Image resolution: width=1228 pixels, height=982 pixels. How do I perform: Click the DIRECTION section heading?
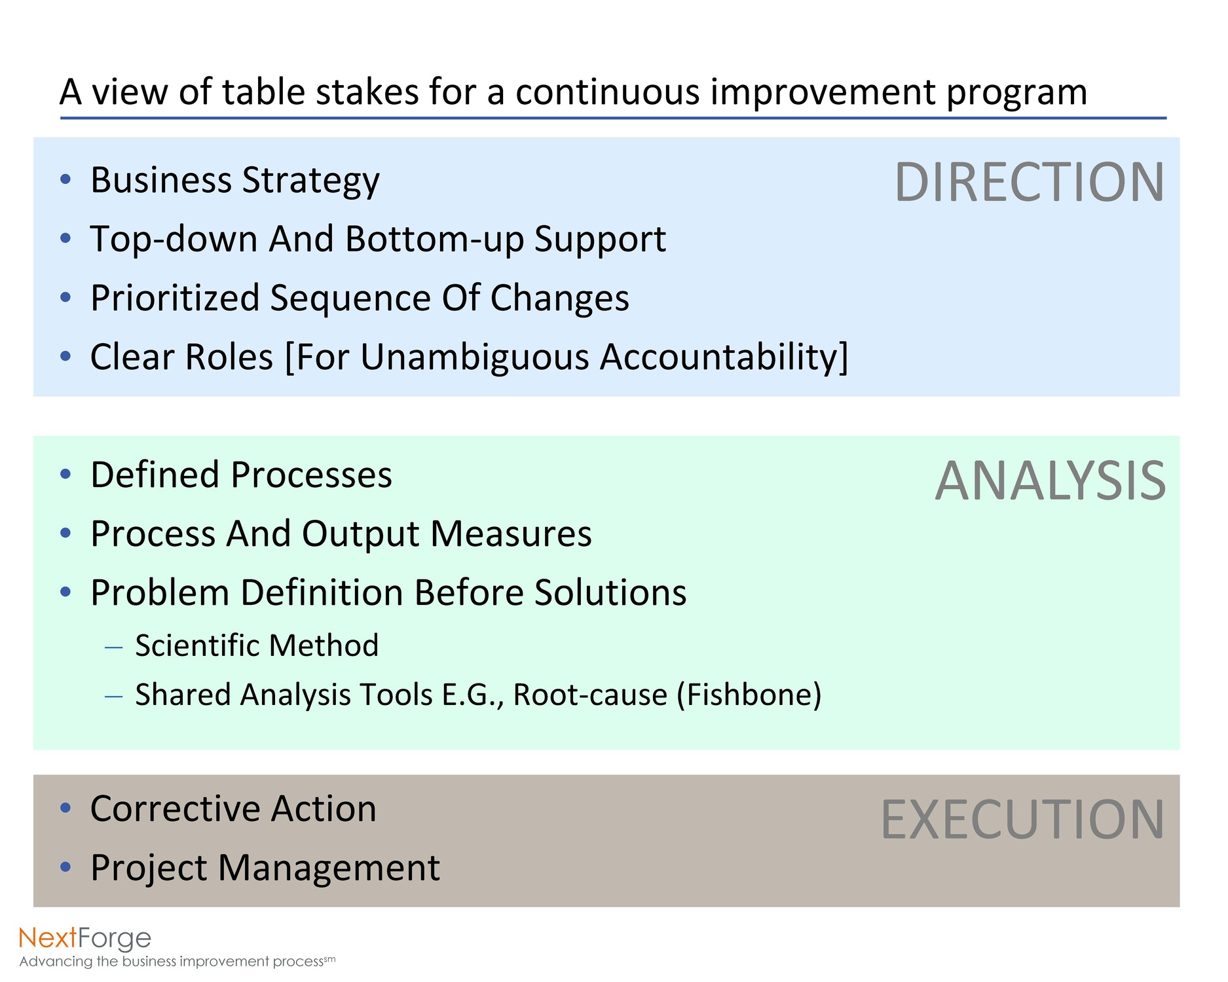[x=1030, y=182]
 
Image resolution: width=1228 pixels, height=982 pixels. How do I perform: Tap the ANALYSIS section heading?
[x=1051, y=481]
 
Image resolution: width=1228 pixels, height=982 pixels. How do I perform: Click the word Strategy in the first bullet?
[x=310, y=181]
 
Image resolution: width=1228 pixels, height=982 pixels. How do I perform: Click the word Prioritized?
[x=176, y=299]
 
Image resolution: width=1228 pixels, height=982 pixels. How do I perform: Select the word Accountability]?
[x=724, y=357]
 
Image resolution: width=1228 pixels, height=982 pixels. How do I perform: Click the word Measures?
[x=512, y=534]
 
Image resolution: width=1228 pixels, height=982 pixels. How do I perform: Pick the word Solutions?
[x=610, y=592]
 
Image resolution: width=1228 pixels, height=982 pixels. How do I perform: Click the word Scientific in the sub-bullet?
[x=197, y=646]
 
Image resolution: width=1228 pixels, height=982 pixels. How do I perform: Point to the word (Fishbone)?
[x=749, y=695]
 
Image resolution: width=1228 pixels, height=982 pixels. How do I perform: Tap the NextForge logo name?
[x=85, y=939]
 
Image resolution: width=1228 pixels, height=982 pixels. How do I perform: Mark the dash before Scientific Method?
[x=114, y=647]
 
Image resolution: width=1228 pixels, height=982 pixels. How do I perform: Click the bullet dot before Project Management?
[x=65, y=867]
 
